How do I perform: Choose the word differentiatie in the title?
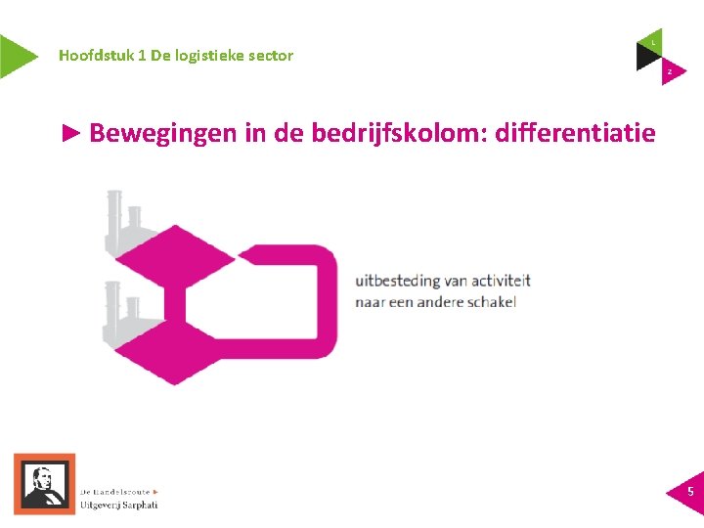pos(576,133)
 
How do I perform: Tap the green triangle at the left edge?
pos(15,56)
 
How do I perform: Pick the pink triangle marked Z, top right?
pos(671,71)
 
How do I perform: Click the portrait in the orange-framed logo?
pos(42,483)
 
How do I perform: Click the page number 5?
pos(690,491)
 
